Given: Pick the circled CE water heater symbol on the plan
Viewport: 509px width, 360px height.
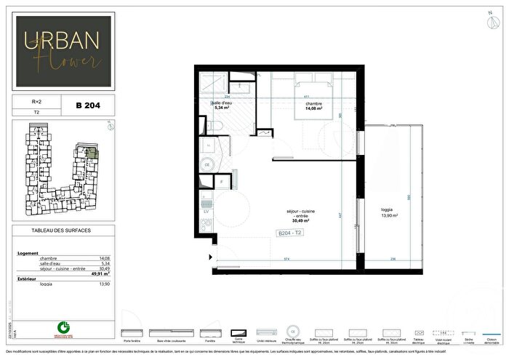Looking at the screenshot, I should (x=207, y=165).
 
